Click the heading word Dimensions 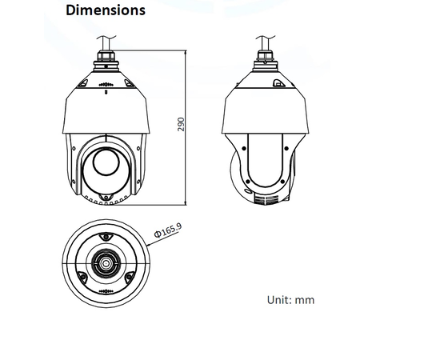pos(105,11)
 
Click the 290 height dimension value pos(181,126)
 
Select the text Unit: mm pos(290,300)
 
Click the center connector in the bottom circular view pos(105,262)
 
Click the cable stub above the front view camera pos(105,42)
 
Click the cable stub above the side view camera pos(263,42)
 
